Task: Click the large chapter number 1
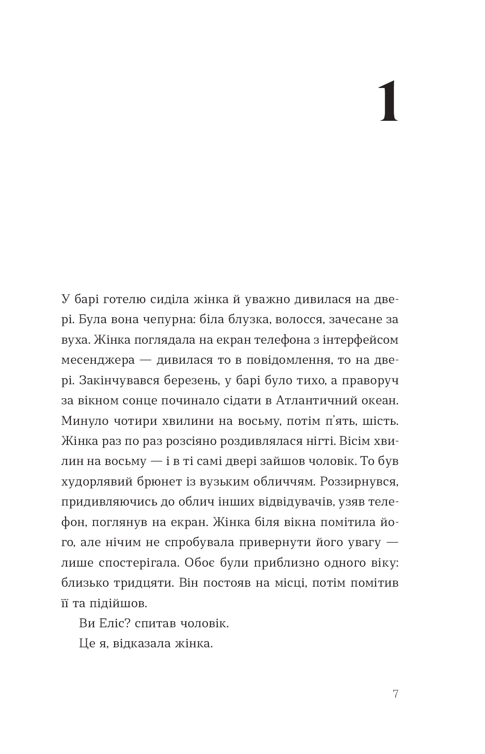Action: [389, 102]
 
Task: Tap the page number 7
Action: [395, 694]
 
